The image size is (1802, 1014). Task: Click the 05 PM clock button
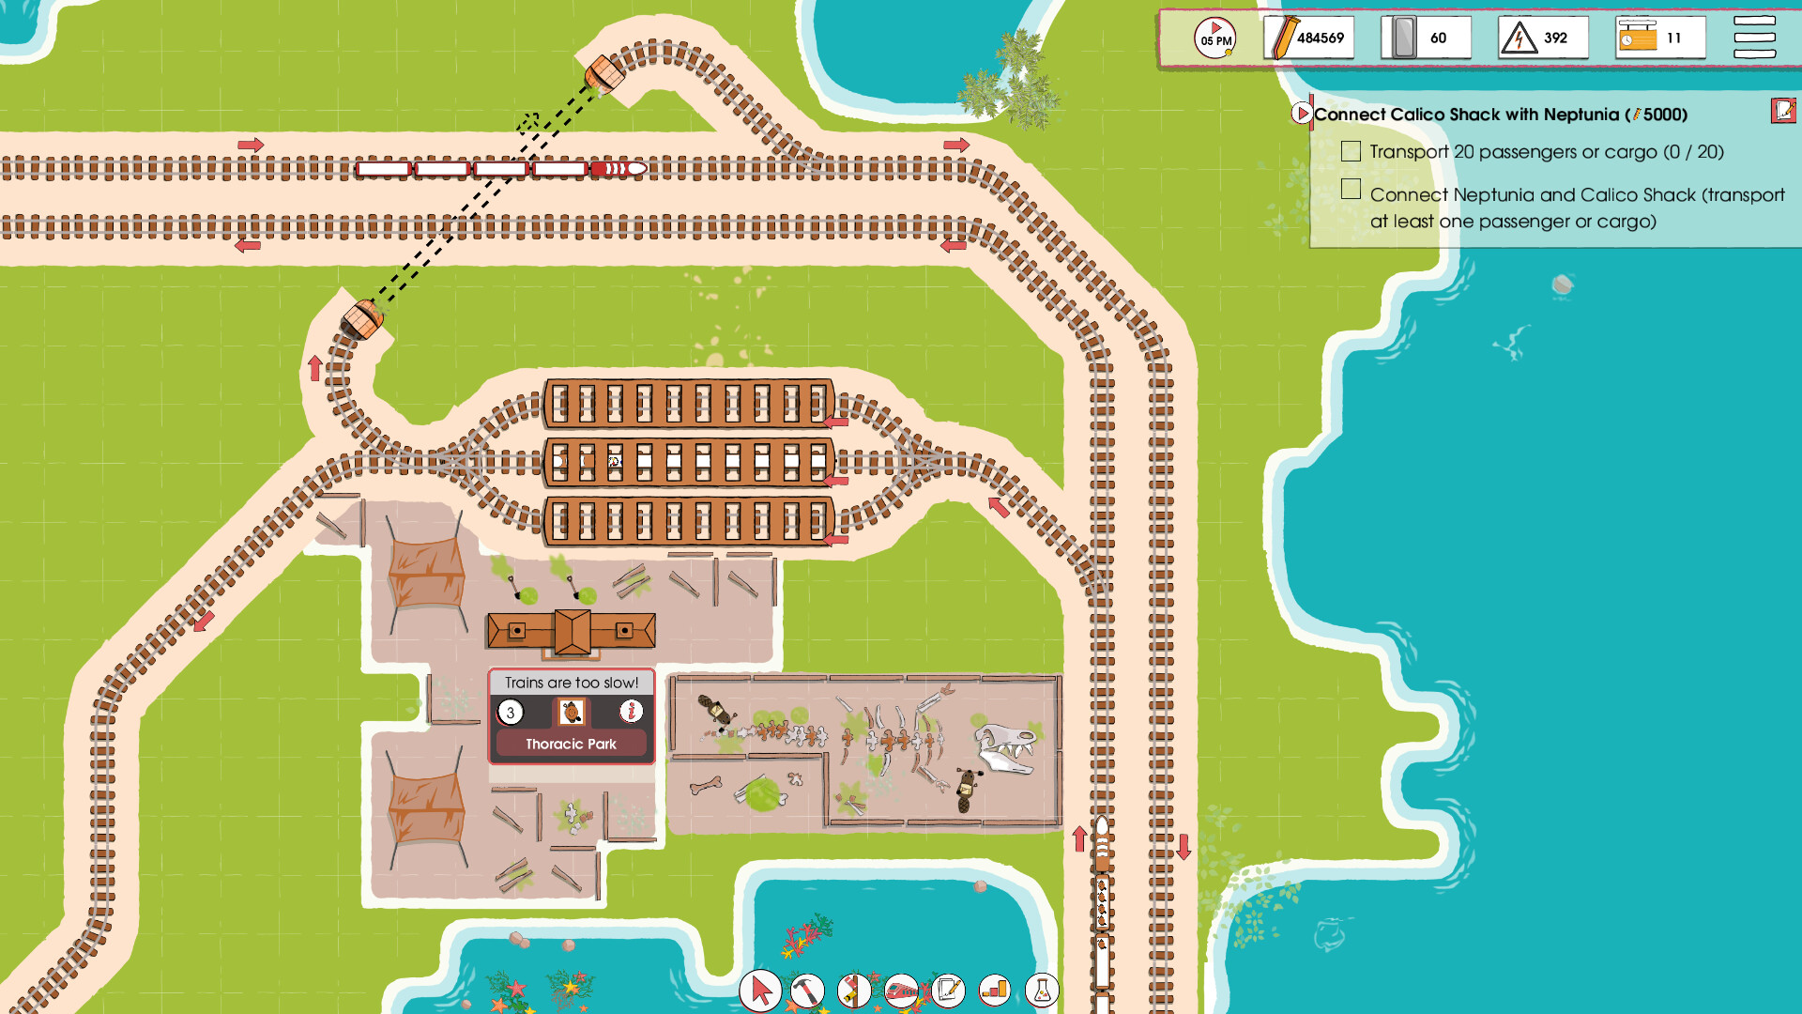[1214, 38]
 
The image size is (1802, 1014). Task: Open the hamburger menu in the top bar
[1753, 38]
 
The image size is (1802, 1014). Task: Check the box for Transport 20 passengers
[1351, 151]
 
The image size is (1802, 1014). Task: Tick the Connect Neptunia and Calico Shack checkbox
[1351, 190]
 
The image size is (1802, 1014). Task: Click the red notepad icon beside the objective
[1782, 111]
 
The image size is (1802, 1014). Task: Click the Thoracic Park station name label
[571, 744]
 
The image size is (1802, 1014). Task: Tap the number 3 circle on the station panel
[511, 713]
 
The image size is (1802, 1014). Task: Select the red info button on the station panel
[631, 712]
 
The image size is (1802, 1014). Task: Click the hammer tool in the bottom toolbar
[807, 990]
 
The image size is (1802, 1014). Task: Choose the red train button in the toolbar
[901, 990]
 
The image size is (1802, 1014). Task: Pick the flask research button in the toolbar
[1042, 990]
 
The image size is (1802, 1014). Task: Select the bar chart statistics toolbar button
[995, 990]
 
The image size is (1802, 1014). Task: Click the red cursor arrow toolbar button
[760, 990]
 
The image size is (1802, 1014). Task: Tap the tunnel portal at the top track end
[603, 73]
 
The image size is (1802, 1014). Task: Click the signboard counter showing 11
[1659, 38]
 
